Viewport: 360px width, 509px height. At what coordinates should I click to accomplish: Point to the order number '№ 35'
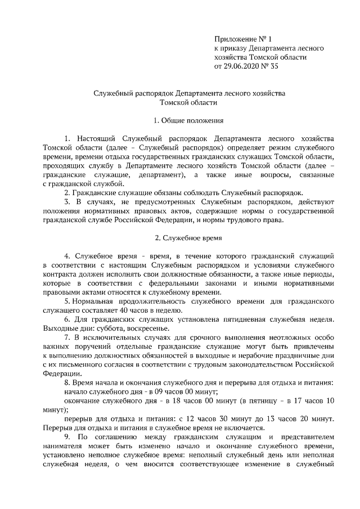(x=271, y=66)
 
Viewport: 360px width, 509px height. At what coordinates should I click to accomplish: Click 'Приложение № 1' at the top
(x=243, y=39)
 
